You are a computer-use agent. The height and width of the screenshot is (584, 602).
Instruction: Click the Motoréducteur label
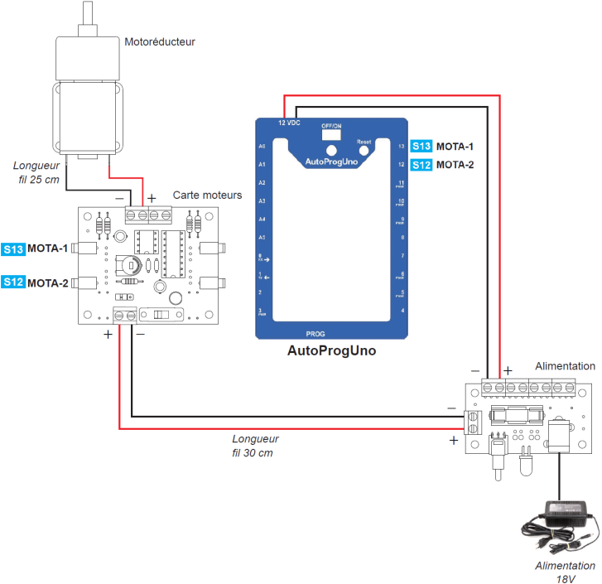(x=159, y=41)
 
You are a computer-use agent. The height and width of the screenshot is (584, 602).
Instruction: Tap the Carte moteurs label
(x=207, y=195)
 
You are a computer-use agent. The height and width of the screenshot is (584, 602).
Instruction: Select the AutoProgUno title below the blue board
(x=331, y=350)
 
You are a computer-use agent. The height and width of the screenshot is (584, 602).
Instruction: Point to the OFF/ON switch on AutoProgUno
(x=331, y=133)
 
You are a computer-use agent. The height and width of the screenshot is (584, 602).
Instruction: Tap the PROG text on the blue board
(x=316, y=331)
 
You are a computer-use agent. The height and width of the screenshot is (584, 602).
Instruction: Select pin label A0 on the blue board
(x=262, y=146)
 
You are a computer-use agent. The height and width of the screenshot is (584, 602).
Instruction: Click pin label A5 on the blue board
(x=262, y=238)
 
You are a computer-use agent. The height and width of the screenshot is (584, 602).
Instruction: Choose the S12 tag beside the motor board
(x=13, y=282)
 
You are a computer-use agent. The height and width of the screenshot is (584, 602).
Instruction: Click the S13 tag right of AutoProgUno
(x=421, y=147)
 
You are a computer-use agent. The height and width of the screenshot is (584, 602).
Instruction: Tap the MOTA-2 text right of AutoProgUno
(x=455, y=165)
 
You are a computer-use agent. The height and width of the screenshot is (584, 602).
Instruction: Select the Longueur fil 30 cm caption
(x=255, y=446)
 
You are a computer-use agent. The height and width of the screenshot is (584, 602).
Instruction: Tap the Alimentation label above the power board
(x=565, y=365)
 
